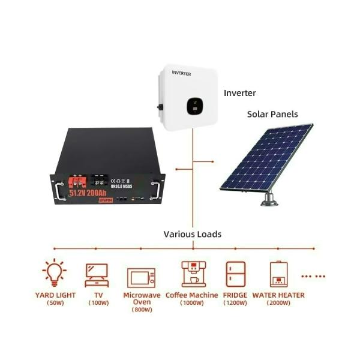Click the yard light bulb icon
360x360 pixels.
[x=54, y=272]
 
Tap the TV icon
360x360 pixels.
[x=97, y=275]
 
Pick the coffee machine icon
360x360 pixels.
[x=191, y=274]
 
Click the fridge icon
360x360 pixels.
[x=235, y=275]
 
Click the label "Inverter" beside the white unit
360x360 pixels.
[x=240, y=93]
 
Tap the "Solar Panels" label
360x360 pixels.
[x=273, y=114]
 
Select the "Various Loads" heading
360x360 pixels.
[x=192, y=234]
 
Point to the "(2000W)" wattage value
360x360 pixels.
[x=278, y=303]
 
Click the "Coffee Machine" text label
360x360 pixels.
[x=191, y=295]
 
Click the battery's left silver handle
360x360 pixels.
[x=58, y=188]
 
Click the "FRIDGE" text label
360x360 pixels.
[x=235, y=295]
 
